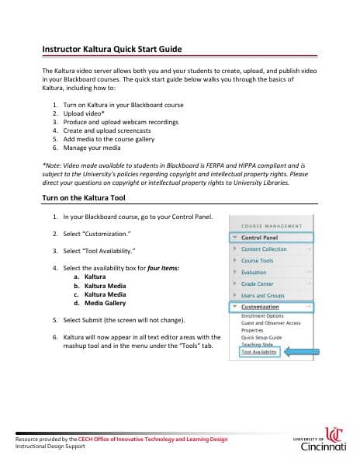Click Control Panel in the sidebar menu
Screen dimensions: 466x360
(260, 238)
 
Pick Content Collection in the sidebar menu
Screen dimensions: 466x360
(263, 249)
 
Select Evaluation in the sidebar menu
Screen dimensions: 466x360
(254, 273)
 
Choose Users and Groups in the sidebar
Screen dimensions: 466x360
(262, 296)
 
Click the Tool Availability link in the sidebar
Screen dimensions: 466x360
(259, 352)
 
